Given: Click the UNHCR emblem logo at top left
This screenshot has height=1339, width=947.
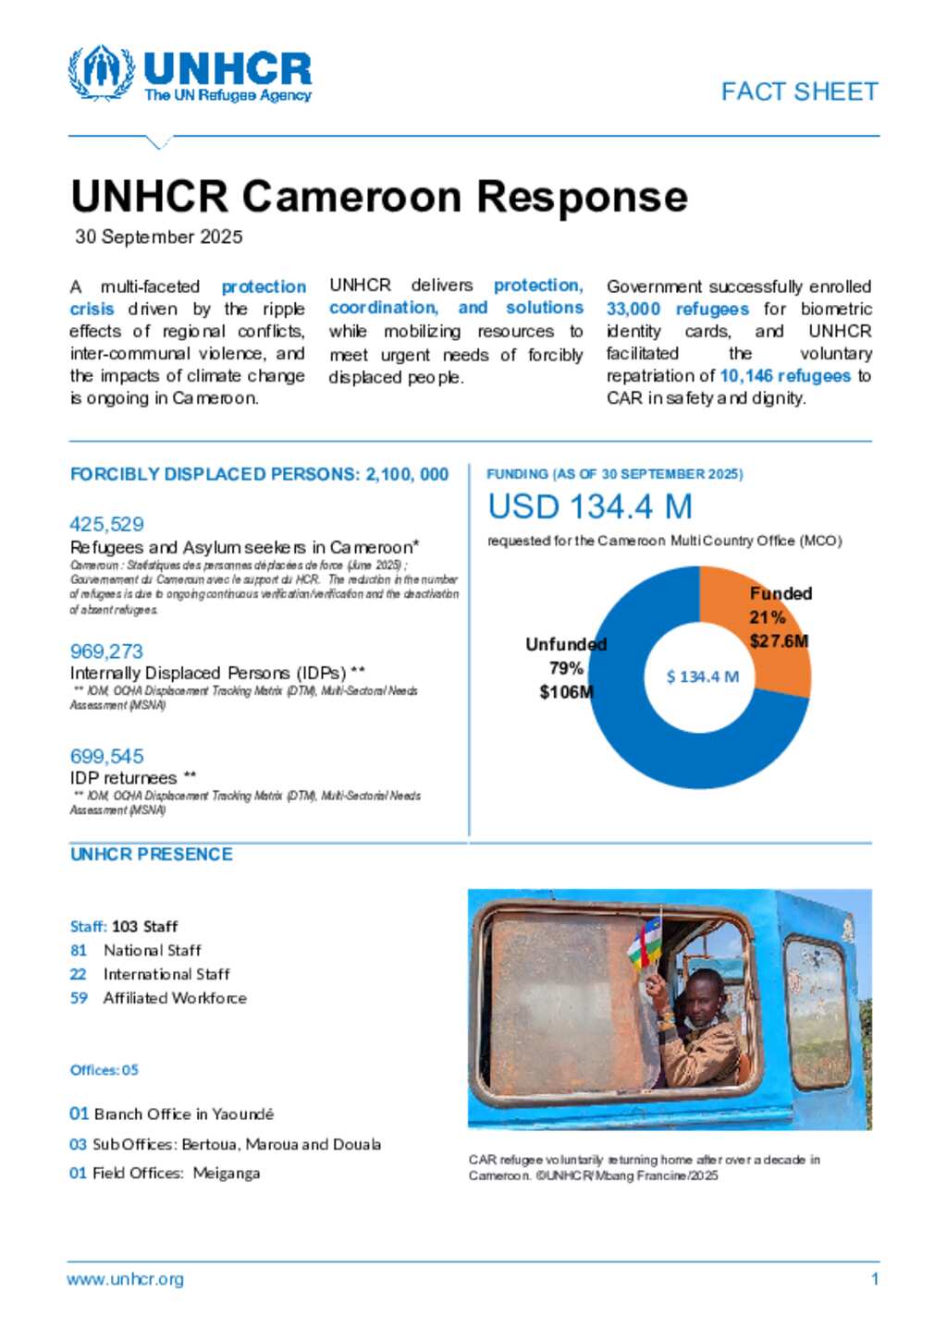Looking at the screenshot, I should click(101, 72).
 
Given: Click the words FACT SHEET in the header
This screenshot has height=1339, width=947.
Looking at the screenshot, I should click(799, 91).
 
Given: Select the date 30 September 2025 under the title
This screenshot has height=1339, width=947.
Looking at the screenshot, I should click(159, 237).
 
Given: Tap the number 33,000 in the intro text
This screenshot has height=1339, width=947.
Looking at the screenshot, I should click(633, 310).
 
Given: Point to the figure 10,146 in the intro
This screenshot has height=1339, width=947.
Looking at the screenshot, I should click(746, 376).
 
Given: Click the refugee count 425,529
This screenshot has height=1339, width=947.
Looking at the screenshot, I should click(107, 524).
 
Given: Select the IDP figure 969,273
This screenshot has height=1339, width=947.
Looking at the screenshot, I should click(106, 651).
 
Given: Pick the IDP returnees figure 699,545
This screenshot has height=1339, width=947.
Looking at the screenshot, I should click(107, 756).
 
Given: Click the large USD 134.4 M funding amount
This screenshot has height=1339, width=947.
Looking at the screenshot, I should click(590, 506).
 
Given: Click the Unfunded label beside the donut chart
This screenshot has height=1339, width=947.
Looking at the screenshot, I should click(566, 644).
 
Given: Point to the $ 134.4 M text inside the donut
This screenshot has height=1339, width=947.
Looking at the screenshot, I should click(703, 676).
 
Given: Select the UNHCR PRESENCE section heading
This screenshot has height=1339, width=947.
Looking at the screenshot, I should click(152, 854).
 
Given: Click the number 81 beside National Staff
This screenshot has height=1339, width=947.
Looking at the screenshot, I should click(79, 950).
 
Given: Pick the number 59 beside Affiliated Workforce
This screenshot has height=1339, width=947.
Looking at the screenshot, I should click(79, 998).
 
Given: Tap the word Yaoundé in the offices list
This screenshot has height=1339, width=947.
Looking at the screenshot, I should click(243, 1114).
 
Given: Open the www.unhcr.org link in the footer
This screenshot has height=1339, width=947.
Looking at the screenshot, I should click(125, 1280).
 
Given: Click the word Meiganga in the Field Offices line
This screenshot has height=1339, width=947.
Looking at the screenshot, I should click(227, 1174).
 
